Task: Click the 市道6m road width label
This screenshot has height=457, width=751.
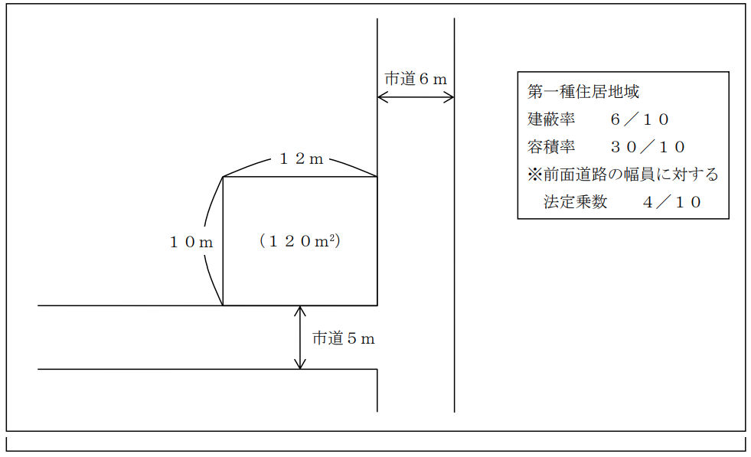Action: tap(415, 79)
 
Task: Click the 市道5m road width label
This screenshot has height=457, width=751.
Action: tap(343, 338)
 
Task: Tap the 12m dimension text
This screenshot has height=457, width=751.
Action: tap(300, 159)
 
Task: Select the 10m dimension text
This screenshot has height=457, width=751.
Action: tap(191, 242)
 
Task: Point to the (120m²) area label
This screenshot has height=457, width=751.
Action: tap(299, 241)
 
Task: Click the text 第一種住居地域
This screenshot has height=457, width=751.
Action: tap(583, 92)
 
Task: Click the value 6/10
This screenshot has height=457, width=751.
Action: tap(640, 119)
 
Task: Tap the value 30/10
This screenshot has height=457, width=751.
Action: tap(648, 147)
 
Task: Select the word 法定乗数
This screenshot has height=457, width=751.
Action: tap(576, 202)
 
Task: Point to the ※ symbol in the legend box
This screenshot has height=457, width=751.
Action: tap(534, 175)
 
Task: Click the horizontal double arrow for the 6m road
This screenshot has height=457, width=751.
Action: tap(416, 97)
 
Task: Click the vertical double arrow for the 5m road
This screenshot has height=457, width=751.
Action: tap(300, 338)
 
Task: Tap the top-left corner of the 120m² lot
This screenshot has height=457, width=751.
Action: tap(223, 178)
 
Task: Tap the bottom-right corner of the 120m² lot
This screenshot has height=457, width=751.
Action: tap(377, 305)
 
